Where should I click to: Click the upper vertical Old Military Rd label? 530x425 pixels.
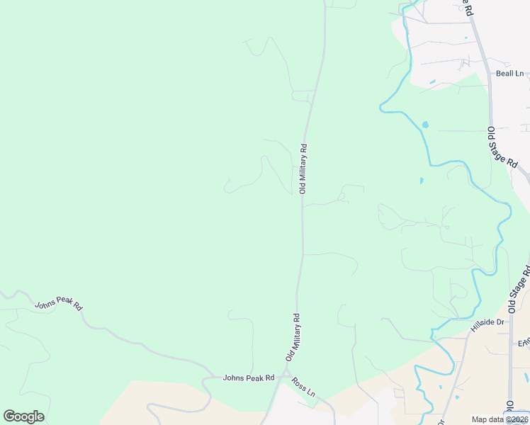point(303,169)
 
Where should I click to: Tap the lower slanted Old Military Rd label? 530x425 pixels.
point(293,337)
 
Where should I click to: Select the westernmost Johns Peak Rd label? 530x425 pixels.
point(59,302)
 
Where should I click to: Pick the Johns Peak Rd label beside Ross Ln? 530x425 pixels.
point(248,378)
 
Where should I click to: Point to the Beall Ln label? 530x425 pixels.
point(509,73)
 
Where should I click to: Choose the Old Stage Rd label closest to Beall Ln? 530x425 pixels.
point(502,147)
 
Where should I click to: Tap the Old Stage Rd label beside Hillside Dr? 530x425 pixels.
point(520,290)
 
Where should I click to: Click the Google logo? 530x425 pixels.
point(23,416)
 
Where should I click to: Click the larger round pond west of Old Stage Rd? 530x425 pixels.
point(425,125)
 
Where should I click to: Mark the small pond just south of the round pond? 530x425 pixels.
point(421,181)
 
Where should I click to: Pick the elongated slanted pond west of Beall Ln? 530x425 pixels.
point(432,83)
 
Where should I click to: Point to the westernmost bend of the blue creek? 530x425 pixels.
point(380,108)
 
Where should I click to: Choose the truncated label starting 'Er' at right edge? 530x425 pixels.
point(524,344)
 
